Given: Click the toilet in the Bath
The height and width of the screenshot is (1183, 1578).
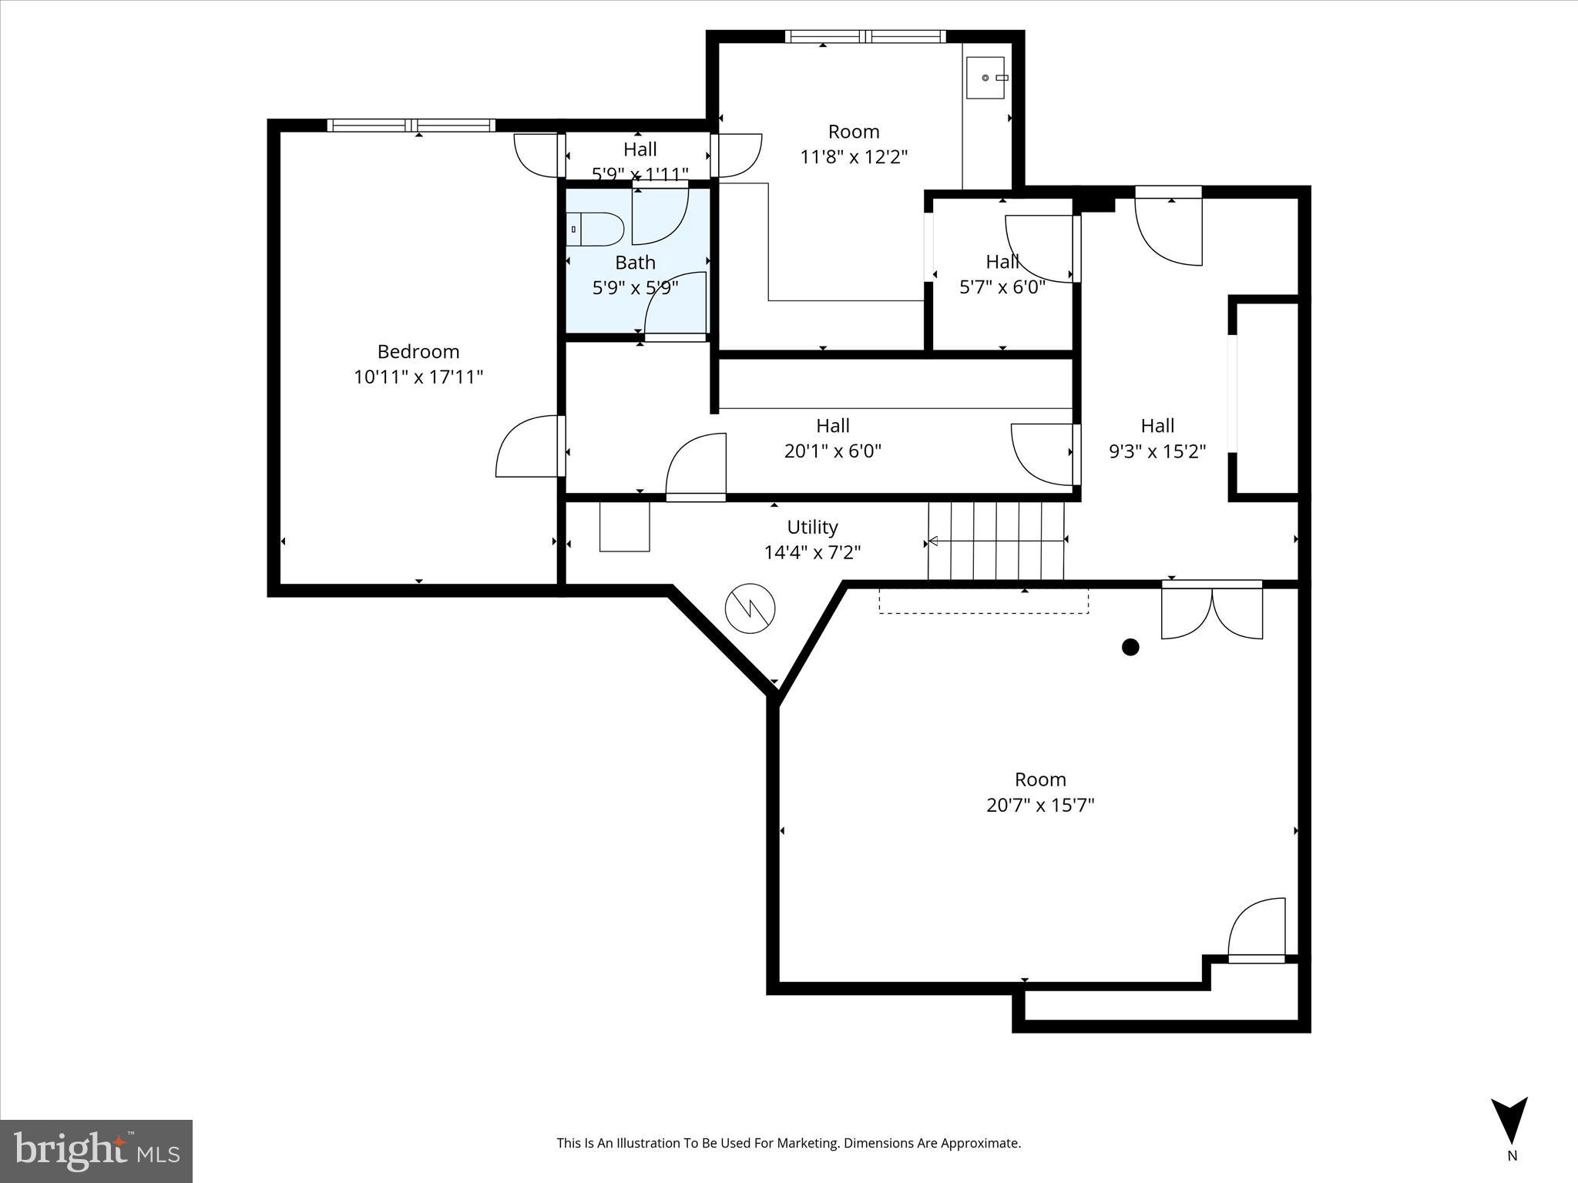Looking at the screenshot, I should pyautogui.click(x=596, y=230).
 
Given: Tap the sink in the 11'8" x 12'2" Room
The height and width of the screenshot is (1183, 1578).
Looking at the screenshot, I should pyautogui.click(x=985, y=78).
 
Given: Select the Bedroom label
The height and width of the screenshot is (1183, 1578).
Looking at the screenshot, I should pyautogui.click(x=418, y=352).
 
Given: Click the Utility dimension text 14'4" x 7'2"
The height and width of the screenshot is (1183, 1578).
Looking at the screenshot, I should pyautogui.click(x=812, y=552).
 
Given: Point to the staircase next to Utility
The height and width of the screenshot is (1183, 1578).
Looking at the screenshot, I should pyautogui.click(x=996, y=541).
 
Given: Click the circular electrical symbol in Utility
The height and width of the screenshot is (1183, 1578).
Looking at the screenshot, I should pyautogui.click(x=750, y=608).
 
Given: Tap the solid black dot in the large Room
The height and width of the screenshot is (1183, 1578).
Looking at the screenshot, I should pyautogui.click(x=1130, y=647).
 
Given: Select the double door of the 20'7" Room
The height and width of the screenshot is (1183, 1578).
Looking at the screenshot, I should pyautogui.click(x=1212, y=612).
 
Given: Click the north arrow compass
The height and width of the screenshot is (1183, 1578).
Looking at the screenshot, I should pyautogui.click(x=1509, y=1121).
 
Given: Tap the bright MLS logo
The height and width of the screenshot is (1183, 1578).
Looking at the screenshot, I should pyautogui.click(x=96, y=1151).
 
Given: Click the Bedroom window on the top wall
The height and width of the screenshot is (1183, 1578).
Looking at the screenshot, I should pyautogui.click(x=411, y=126).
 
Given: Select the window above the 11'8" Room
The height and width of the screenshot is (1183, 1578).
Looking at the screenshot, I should pyautogui.click(x=865, y=36).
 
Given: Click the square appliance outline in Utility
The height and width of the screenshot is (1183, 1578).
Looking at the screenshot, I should pyautogui.click(x=624, y=526).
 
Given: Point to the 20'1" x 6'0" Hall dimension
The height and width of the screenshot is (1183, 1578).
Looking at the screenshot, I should pyautogui.click(x=832, y=451).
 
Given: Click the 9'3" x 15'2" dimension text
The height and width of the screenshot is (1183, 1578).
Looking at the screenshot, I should pyautogui.click(x=1157, y=451).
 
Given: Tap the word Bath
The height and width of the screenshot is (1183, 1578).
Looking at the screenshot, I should pyautogui.click(x=635, y=263).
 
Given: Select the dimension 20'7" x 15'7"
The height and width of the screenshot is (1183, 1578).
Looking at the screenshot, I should pyautogui.click(x=1040, y=805).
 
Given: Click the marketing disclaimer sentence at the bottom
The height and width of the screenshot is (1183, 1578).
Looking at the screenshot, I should pyautogui.click(x=788, y=1143).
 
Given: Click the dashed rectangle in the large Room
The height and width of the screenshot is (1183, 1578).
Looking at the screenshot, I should pyautogui.click(x=983, y=602).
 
